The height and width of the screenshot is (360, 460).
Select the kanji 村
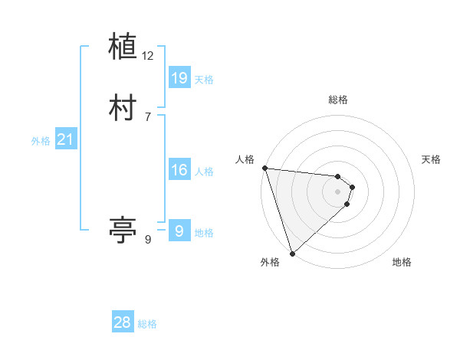[x=123, y=108]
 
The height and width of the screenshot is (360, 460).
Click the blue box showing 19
[x=179, y=77]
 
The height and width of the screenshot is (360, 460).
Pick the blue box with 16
[x=179, y=170]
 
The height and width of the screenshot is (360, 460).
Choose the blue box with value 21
[x=65, y=139]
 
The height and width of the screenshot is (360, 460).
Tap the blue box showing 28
[x=123, y=322]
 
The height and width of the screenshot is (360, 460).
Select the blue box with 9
[x=179, y=231]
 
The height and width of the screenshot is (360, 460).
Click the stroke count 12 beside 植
[x=148, y=55]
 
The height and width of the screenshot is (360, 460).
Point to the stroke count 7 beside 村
[x=148, y=116]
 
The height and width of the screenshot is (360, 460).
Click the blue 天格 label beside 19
[x=204, y=80]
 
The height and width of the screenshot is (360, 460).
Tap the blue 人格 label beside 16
[x=204, y=172]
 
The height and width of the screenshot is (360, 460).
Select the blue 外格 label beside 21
[x=41, y=141]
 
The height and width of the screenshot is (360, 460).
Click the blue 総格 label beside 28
[x=147, y=324]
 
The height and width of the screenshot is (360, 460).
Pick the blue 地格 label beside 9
[x=204, y=233]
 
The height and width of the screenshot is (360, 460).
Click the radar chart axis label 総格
[x=338, y=100]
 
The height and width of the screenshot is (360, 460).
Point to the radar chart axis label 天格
[x=432, y=159]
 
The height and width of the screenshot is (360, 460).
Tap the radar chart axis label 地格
[x=402, y=262]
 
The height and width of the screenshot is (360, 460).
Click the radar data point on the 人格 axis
[x=264, y=168]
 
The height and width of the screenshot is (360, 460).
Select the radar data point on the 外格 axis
[x=292, y=254]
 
